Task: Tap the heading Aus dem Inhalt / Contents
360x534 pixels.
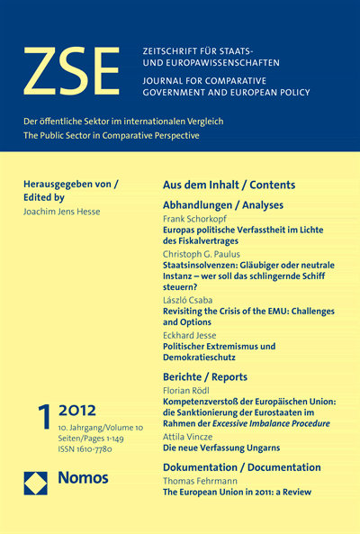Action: click(228, 185)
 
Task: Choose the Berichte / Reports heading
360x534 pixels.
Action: click(206, 376)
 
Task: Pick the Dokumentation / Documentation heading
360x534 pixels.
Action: click(240, 467)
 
